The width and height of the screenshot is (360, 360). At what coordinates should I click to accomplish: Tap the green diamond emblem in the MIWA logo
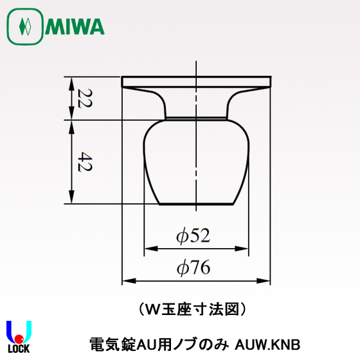pyautogui.click(x=25, y=27)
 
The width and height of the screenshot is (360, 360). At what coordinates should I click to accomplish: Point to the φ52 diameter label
pyautogui.click(x=193, y=237)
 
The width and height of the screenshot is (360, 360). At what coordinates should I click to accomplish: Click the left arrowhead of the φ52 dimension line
pyautogui.click(x=148, y=249)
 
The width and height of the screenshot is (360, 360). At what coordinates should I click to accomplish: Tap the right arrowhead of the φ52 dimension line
pyautogui.click(x=244, y=249)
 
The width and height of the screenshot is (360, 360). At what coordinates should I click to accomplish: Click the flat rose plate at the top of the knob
pyautogui.click(x=196, y=81)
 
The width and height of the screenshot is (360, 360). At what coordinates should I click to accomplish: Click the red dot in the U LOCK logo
pyautogui.click(x=19, y=338)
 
